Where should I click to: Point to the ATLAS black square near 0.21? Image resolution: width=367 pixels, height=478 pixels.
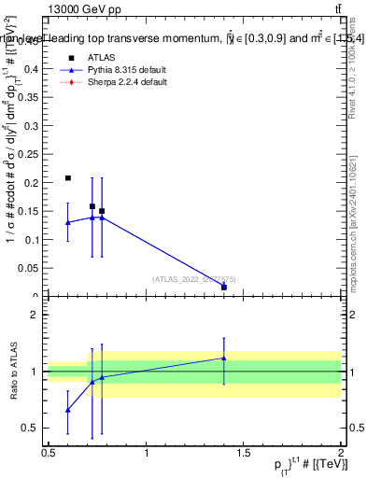(68, 177)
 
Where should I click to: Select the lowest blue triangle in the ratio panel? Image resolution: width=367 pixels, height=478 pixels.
(68, 410)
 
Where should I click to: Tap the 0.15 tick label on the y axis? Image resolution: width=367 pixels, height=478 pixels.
(31, 211)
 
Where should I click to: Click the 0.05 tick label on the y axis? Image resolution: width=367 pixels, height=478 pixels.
(31, 268)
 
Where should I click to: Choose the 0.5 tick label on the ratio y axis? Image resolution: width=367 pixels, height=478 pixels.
(30, 428)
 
